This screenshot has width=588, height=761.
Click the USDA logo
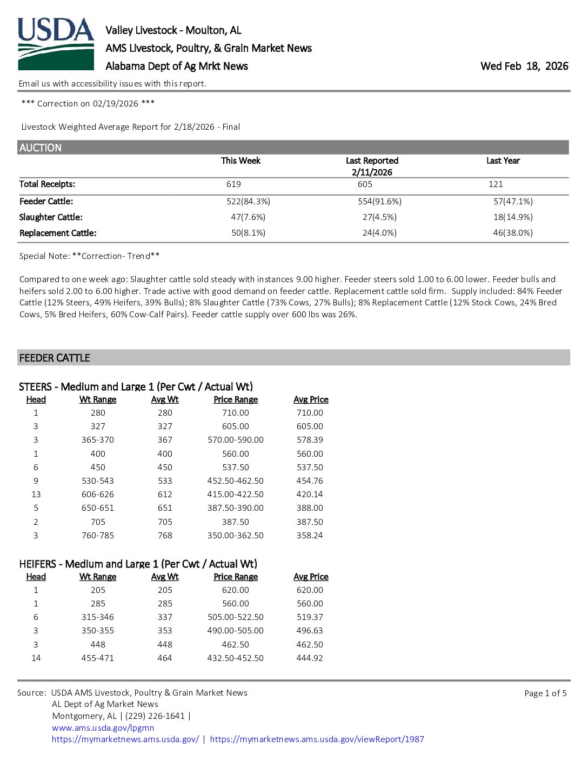(x=56, y=44)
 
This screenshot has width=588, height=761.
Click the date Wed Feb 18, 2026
(x=524, y=66)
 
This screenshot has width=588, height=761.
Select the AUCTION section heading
(x=41, y=148)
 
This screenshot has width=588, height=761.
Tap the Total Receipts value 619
(x=233, y=184)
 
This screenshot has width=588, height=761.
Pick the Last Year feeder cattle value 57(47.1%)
(x=512, y=202)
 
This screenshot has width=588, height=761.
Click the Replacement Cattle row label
(x=58, y=233)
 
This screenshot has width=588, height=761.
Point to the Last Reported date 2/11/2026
(x=372, y=172)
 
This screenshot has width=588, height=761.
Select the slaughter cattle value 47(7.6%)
(x=248, y=217)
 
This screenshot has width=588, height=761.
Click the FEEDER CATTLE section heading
(x=55, y=358)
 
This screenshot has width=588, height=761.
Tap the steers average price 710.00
(x=310, y=413)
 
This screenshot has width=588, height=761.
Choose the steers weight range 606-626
(x=98, y=495)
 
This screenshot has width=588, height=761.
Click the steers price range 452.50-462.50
(x=236, y=481)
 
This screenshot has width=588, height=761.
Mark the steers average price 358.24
(x=310, y=536)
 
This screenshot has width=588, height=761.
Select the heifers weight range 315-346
(x=98, y=617)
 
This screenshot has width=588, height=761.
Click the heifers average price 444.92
(x=310, y=658)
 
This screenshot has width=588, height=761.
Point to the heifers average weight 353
(x=165, y=631)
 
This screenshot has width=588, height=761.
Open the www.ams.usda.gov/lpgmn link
(x=103, y=727)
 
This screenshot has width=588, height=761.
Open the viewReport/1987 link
(x=317, y=739)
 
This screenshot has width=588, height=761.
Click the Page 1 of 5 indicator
(x=545, y=693)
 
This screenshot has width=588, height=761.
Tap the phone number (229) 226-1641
(x=155, y=716)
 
